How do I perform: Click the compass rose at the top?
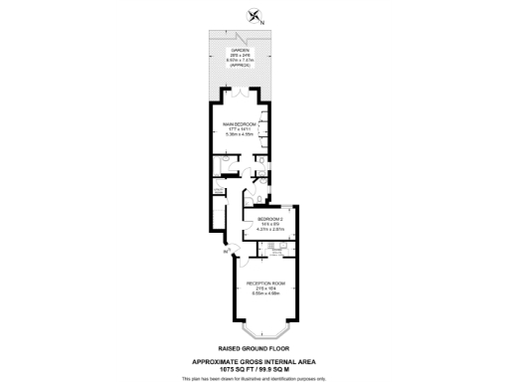(254, 14)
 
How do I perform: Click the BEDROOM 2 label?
(270, 219)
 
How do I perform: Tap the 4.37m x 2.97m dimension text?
(270, 229)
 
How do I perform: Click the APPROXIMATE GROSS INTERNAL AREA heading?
(254, 361)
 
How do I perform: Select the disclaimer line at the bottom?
(254, 378)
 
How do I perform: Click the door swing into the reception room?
(242, 261)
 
